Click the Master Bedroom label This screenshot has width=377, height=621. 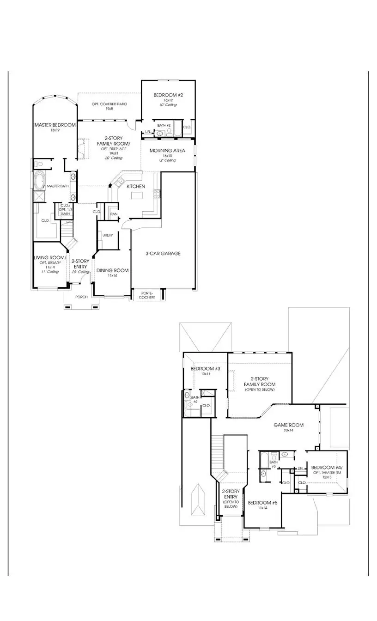pos(55,125)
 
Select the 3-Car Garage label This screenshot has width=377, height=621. pos(163,253)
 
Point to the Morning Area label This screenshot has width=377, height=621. pos(167,151)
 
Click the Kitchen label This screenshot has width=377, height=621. pos(136,186)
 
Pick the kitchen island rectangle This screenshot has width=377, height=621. pos(137,196)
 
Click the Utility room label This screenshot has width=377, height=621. pos(108,235)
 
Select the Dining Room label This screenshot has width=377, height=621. pos(112,270)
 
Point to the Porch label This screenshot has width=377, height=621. pos(82,297)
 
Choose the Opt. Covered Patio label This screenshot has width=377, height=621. pos(109,104)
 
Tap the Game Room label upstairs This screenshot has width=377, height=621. pos(288,425)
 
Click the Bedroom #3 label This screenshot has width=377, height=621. pos(205,369)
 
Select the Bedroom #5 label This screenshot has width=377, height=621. pos(262,503)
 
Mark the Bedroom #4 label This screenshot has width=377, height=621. pos(327,467)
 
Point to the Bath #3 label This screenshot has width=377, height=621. pos(274,464)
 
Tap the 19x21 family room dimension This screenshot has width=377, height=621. pos(110,153)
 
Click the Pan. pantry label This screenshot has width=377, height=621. pos(113,214)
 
